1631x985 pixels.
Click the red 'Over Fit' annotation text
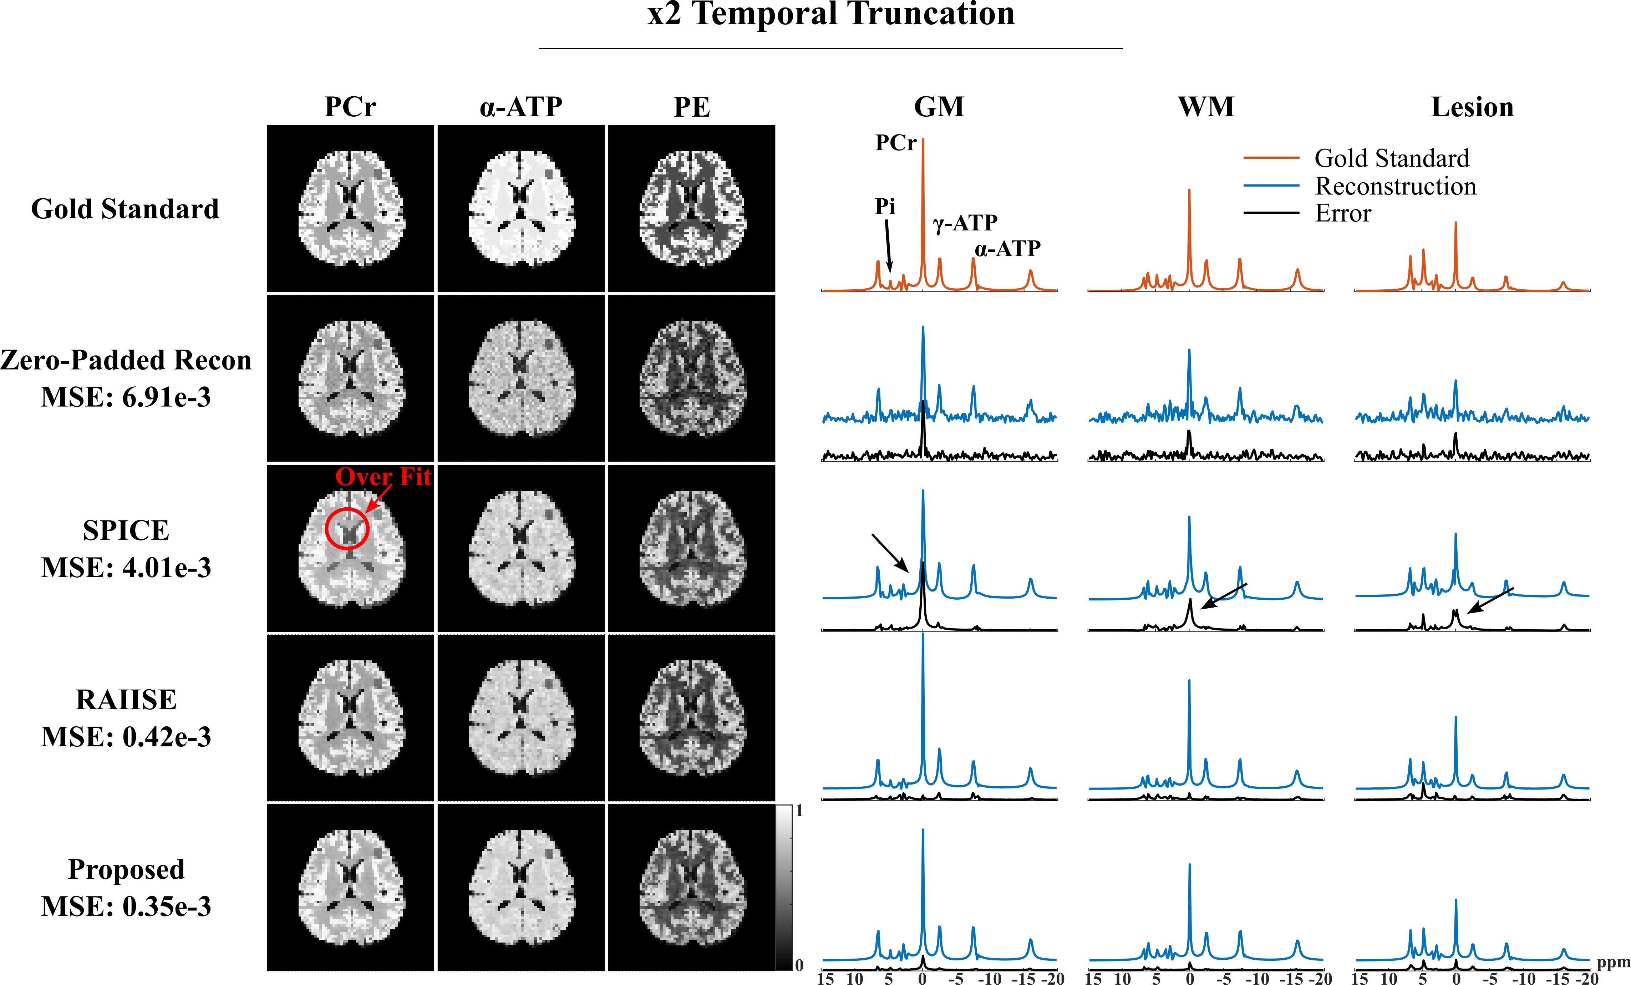point(382,477)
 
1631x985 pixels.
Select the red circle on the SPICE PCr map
point(347,528)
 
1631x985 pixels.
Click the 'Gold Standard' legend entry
point(1391,158)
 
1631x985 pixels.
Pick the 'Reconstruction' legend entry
point(1395,186)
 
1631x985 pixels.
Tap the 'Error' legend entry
point(1342,213)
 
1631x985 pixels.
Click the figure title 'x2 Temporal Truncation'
point(831,15)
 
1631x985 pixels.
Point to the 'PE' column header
point(692,107)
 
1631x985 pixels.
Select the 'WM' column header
point(1206,107)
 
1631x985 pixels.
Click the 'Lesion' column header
point(1472,107)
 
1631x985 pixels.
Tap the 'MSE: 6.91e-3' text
point(126,397)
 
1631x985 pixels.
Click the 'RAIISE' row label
point(126,700)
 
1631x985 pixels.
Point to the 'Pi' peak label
point(885,207)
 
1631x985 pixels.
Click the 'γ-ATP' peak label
point(965,223)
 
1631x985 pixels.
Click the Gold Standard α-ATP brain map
point(521,208)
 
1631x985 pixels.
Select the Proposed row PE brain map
point(692,888)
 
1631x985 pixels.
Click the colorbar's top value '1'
point(799,811)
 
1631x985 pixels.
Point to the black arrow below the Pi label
point(888,245)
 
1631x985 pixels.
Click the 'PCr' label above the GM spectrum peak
point(895,143)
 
